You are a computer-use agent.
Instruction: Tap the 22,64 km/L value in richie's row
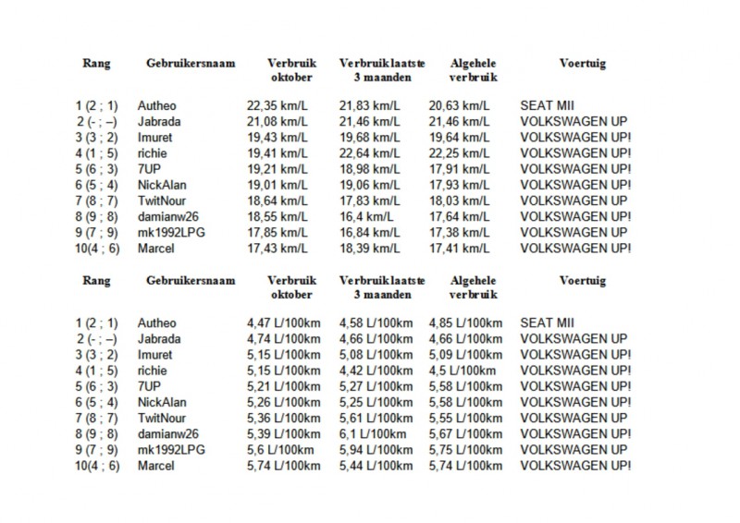(x=370, y=153)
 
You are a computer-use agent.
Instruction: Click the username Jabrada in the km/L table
(x=158, y=122)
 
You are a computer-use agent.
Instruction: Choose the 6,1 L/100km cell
(x=369, y=434)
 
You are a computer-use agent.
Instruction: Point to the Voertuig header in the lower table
(x=583, y=281)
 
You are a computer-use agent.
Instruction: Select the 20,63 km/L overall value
(x=460, y=106)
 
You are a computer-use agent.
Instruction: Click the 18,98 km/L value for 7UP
(x=370, y=169)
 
